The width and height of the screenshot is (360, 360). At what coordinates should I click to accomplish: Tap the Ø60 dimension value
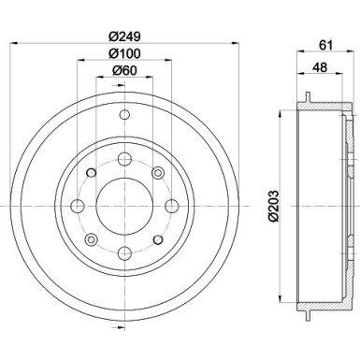[x=124, y=71]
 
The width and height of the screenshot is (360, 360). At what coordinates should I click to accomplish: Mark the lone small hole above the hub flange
[x=123, y=116]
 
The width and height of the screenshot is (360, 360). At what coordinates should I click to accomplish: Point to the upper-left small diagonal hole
[x=91, y=171]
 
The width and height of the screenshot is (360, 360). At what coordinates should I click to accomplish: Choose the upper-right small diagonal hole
[x=157, y=171]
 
